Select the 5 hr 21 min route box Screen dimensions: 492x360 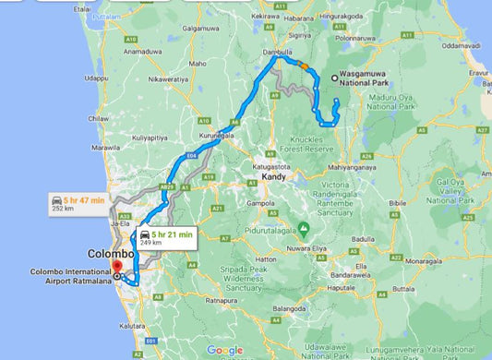167,238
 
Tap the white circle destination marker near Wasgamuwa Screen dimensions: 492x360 333,78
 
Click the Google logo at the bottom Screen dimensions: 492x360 225,350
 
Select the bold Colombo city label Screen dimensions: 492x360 112,253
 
